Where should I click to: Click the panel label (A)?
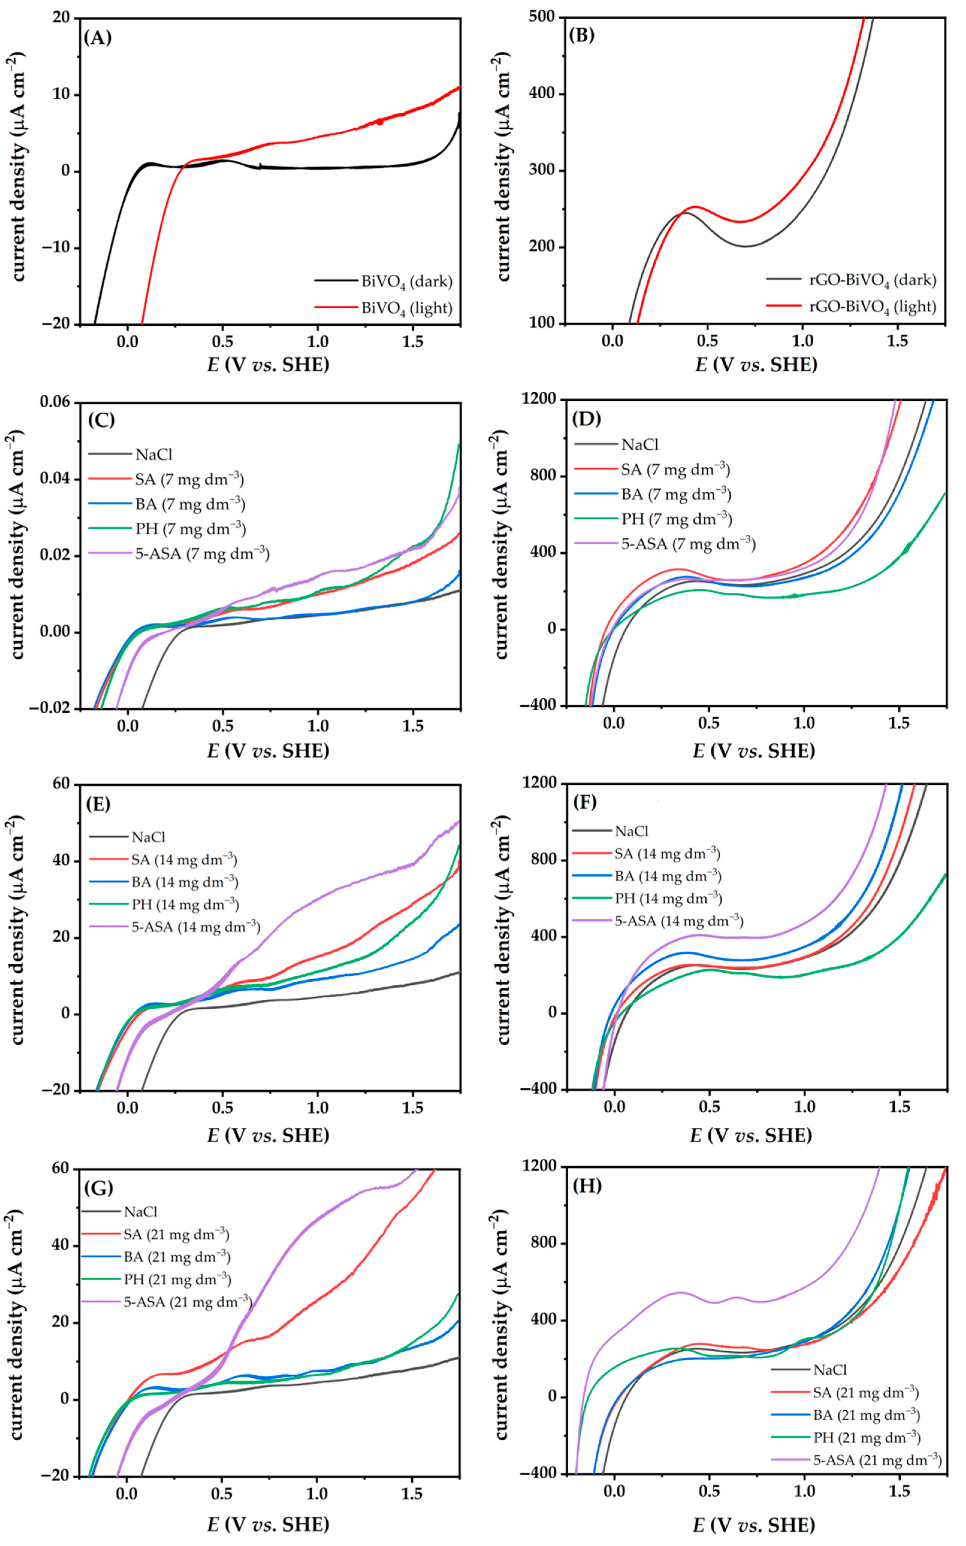coord(98,38)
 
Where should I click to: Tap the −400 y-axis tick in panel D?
coord(538,706)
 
